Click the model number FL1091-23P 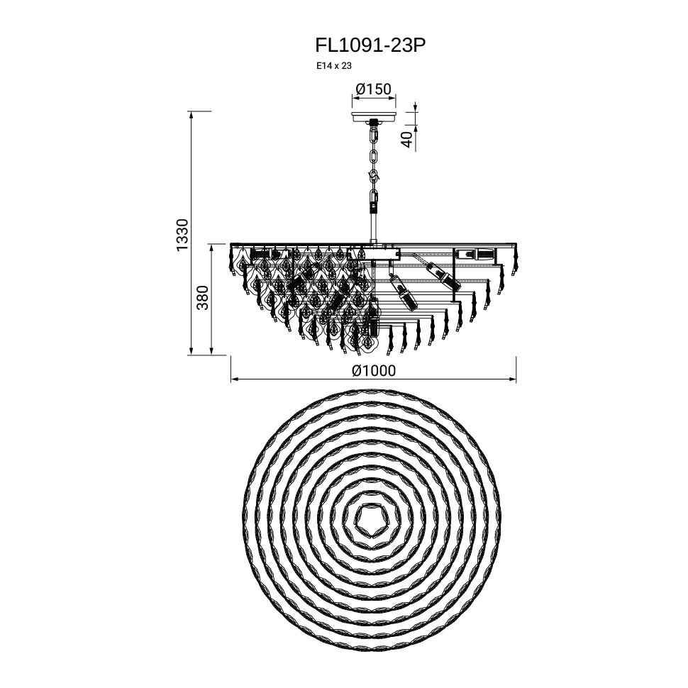pos(370,45)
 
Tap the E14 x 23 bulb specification pos(334,66)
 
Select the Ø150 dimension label pos(373,89)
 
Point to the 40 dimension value pos(407,139)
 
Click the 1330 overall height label pos(182,235)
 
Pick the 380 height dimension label pos(202,297)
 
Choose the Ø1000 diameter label pos(373,371)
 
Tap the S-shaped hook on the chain pos(375,177)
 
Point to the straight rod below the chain pos(374,226)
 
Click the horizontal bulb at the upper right pos(475,254)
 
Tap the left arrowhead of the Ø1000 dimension pos(234,379)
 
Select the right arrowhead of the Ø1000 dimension pos(513,379)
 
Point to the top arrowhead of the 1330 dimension pos(191,115)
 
